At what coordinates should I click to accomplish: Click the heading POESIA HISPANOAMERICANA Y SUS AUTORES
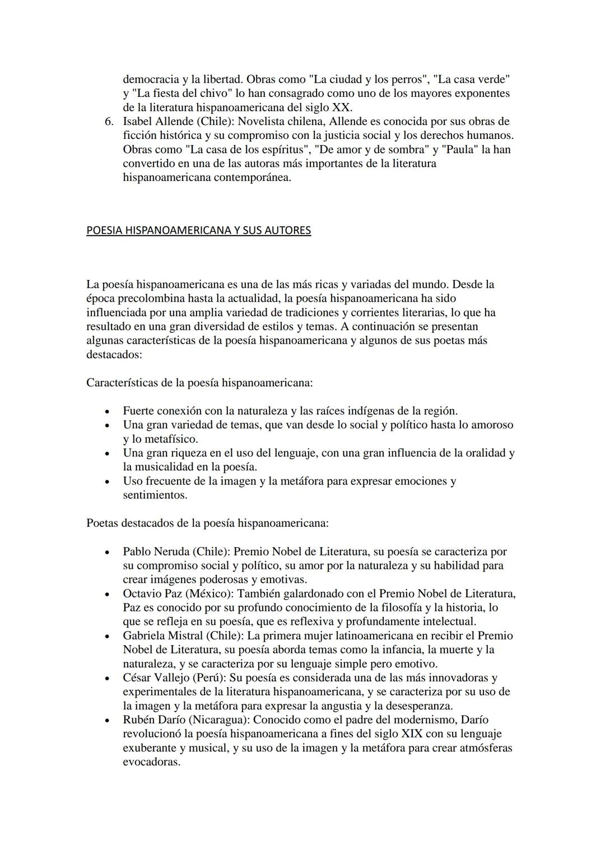click(x=198, y=230)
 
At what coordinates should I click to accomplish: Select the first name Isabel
click(x=138, y=122)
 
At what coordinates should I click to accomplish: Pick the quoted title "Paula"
click(x=460, y=149)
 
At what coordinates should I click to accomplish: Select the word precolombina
click(x=151, y=298)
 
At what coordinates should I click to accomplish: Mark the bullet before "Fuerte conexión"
click(x=108, y=412)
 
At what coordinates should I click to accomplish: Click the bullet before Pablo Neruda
click(x=108, y=552)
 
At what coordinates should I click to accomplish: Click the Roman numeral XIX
click(x=412, y=733)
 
